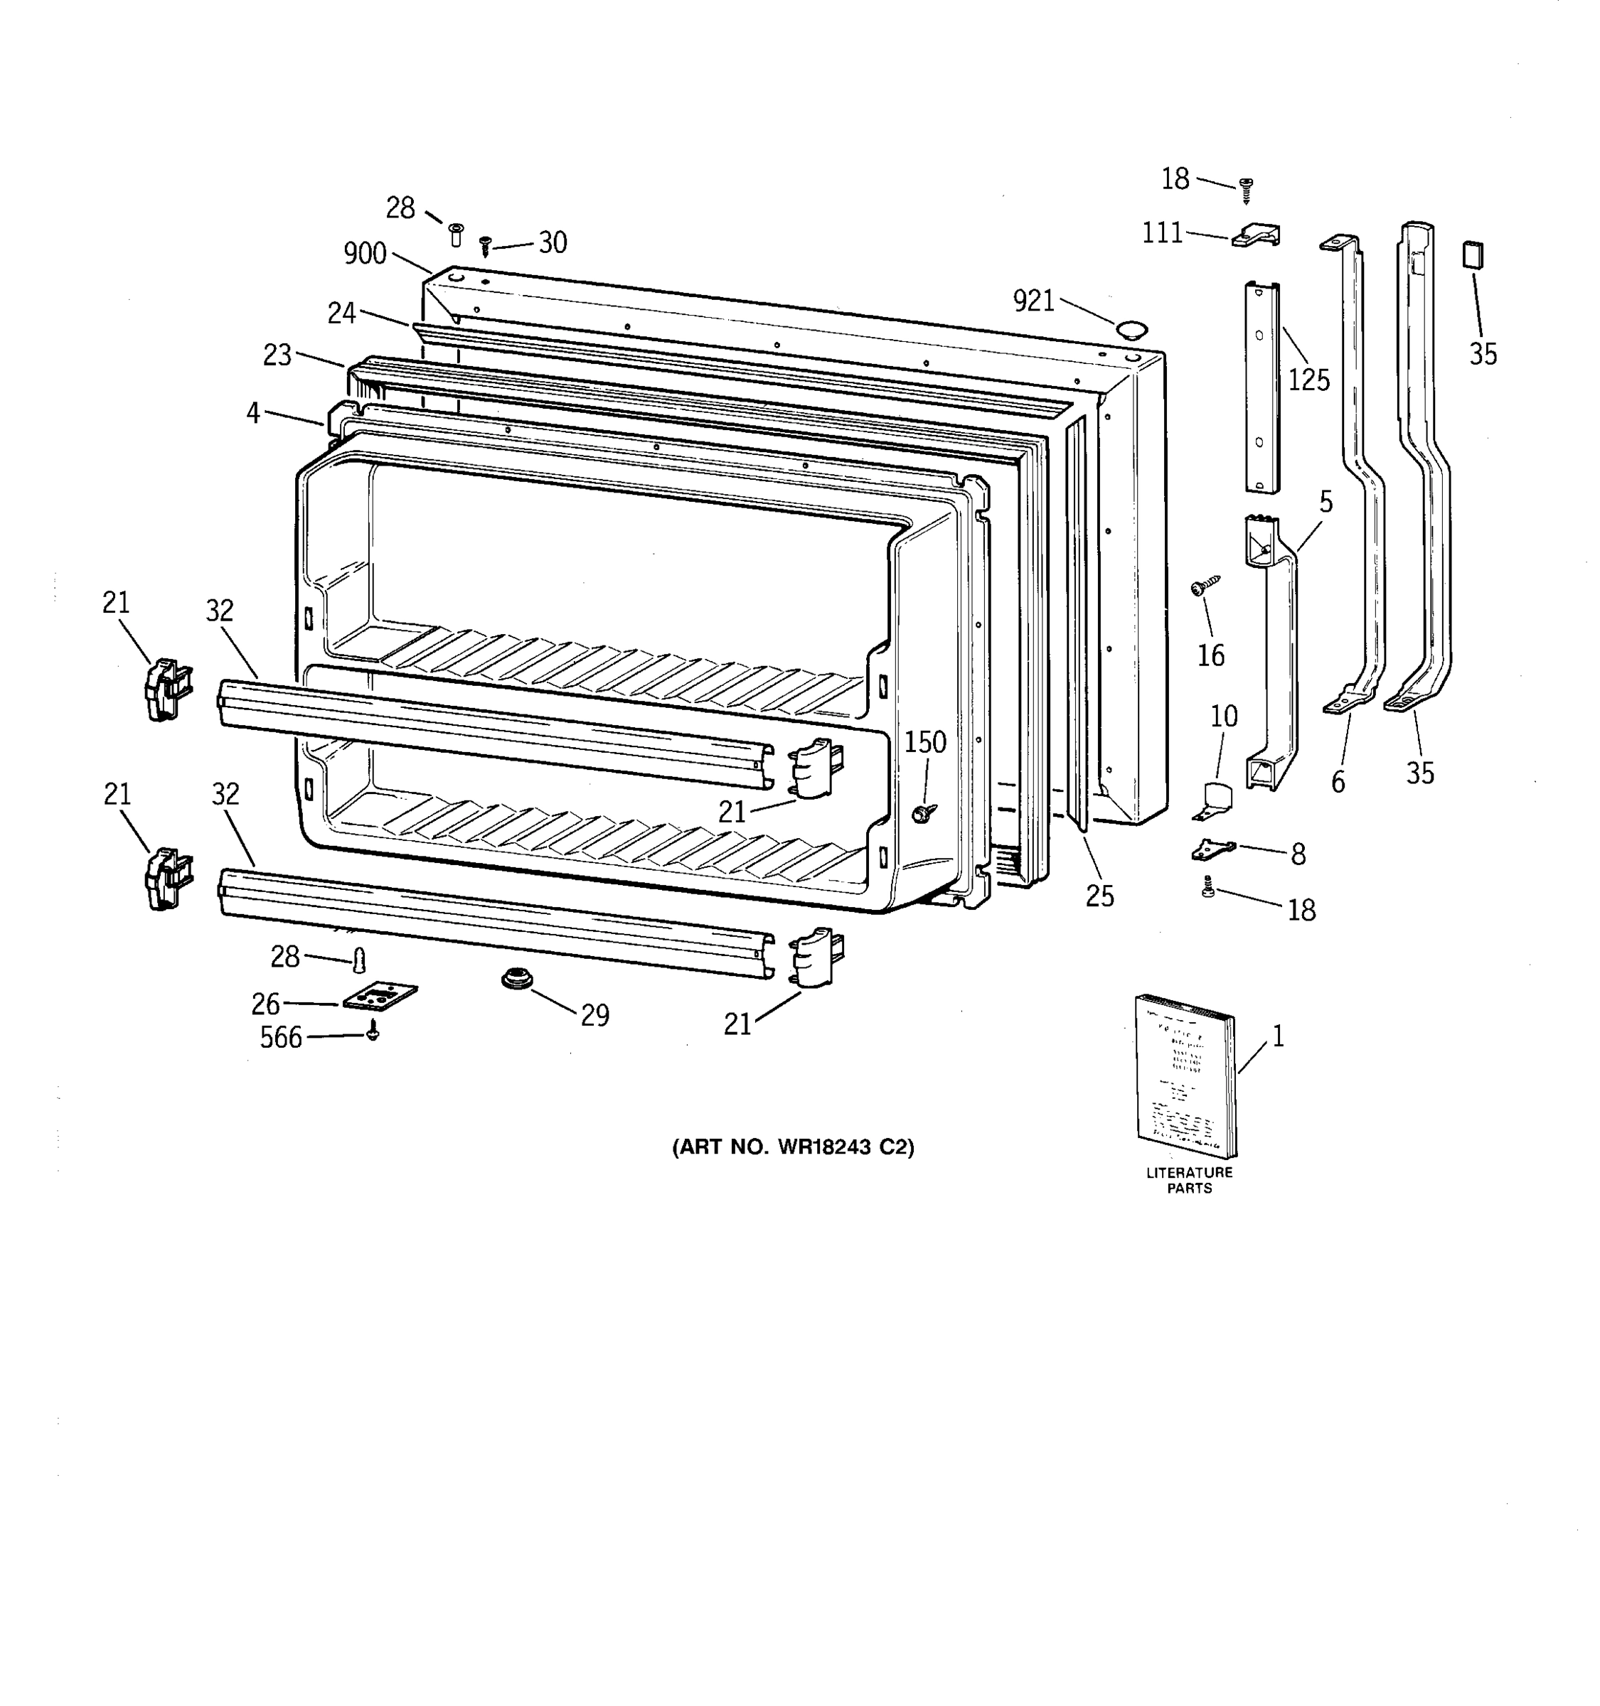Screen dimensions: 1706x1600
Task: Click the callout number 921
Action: (1033, 301)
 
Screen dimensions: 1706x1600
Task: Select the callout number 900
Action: (365, 253)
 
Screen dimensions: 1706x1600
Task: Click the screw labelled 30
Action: (486, 245)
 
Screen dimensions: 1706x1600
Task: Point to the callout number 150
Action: (924, 741)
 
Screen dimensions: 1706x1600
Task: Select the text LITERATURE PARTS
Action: (1189, 1180)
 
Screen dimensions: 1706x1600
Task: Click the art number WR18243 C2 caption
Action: (792, 1147)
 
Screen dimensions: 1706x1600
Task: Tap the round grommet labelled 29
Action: (517, 977)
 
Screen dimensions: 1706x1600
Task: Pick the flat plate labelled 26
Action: (380, 997)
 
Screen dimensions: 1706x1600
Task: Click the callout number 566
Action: (281, 1038)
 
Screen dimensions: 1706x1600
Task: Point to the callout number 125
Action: (1308, 380)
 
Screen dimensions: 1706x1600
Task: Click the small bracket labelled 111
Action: (1257, 236)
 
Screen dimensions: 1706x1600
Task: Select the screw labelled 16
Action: (1203, 587)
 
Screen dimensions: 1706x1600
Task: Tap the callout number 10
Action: (1223, 716)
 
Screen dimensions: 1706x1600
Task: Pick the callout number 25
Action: (1099, 895)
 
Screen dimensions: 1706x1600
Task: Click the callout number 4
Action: (252, 413)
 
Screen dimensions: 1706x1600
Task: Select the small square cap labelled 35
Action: (1473, 255)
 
